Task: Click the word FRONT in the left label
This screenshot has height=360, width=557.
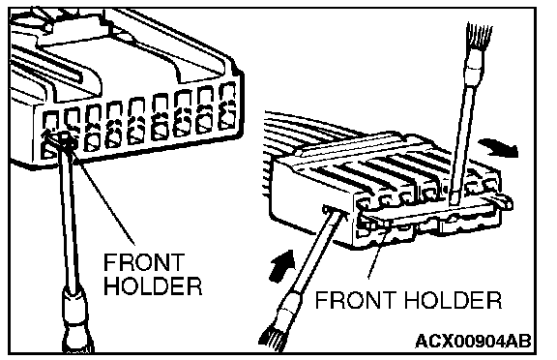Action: (144, 262)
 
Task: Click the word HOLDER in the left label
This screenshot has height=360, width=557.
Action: (153, 285)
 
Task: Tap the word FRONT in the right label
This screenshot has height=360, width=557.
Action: (356, 300)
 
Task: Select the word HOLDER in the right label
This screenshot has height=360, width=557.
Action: (454, 300)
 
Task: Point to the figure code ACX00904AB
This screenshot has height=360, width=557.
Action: (473, 342)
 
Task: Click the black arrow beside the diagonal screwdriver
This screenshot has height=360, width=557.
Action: (282, 266)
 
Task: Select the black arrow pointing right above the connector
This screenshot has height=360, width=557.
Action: (498, 148)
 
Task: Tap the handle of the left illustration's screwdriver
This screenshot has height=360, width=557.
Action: (75, 321)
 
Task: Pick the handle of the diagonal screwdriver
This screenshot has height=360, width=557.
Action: (280, 321)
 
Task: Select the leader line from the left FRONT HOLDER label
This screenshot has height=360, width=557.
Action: (105, 201)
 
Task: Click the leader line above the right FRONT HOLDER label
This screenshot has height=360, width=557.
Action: (376, 252)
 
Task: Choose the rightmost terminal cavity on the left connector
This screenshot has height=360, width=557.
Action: (227, 106)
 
